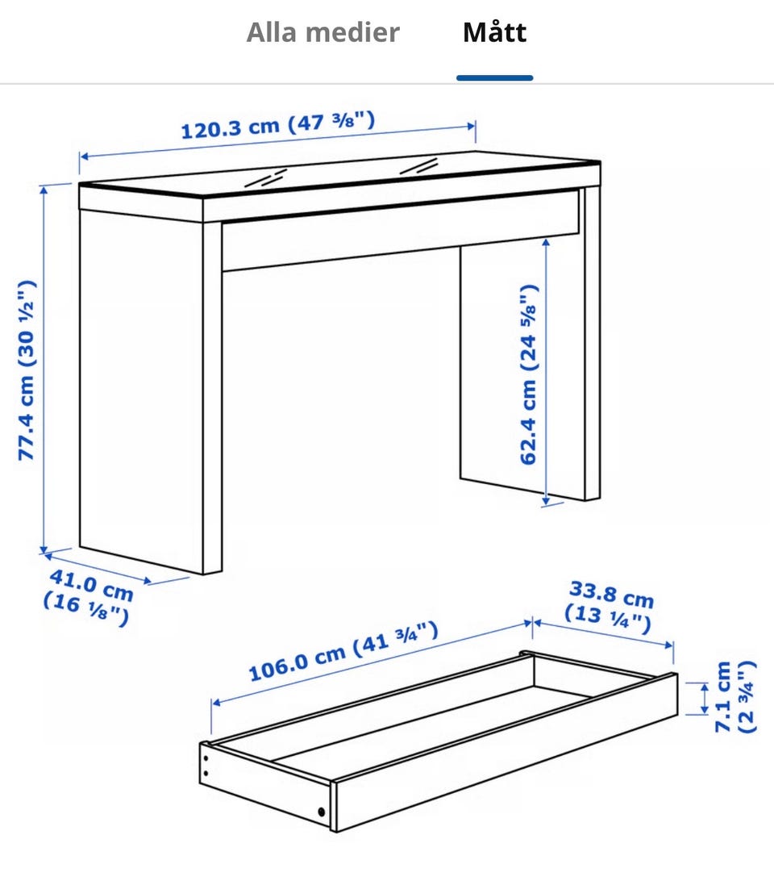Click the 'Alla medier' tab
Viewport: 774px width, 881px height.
click(x=323, y=32)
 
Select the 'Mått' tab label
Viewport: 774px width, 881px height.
click(x=494, y=32)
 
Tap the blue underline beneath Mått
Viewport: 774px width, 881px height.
click(x=494, y=78)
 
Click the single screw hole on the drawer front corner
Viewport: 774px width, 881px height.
click(x=321, y=812)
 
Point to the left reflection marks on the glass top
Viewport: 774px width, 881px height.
click(x=265, y=177)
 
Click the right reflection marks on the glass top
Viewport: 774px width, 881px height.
click(x=418, y=166)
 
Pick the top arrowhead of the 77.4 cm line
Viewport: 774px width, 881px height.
click(x=44, y=190)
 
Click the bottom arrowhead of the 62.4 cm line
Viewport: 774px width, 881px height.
click(x=545, y=499)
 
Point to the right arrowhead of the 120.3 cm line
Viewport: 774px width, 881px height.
click(x=471, y=127)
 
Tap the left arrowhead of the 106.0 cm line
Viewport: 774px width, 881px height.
click(x=217, y=702)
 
